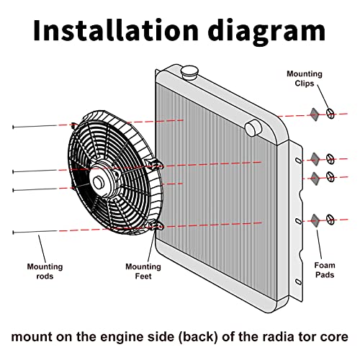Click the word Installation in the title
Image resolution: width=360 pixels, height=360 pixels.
[x=116, y=31]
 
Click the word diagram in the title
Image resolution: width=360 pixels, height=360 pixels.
[x=266, y=32]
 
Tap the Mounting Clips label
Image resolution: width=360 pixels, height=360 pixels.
[x=305, y=78]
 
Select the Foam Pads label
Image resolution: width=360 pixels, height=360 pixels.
[x=325, y=270]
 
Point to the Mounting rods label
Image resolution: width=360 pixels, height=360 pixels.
[x=45, y=271]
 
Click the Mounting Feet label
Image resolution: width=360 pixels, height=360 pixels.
[x=143, y=271]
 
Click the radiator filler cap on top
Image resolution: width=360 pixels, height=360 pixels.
[x=189, y=72]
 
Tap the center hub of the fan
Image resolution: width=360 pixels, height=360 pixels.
[x=98, y=182]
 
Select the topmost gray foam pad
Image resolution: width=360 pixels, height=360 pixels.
[x=315, y=114]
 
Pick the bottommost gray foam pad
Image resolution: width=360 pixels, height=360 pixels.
[x=315, y=220]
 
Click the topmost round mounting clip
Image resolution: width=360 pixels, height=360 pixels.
[x=330, y=114]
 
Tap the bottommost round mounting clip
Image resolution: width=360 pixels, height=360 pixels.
[x=330, y=220]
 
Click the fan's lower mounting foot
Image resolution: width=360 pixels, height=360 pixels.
[x=156, y=225]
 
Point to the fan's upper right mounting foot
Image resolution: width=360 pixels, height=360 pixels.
[x=156, y=164]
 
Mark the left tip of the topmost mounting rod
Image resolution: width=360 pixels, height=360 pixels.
[x=13, y=127]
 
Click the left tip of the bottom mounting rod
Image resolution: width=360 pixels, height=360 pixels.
[x=13, y=233]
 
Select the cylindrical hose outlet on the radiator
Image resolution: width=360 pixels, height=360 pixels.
[x=253, y=128]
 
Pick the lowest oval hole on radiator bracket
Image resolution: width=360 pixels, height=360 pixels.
[x=298, y=282]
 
